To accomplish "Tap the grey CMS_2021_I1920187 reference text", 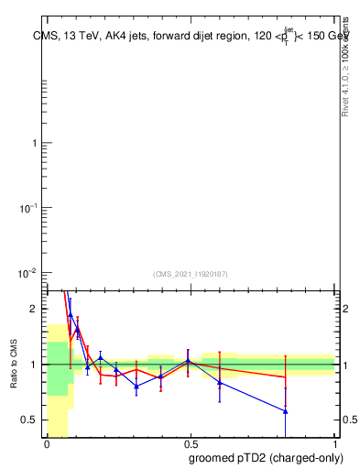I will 190,273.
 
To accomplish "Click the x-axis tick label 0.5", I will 191,442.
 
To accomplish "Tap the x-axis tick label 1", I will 335,442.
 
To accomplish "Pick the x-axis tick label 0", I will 47,442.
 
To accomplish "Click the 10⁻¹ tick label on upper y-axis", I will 27,209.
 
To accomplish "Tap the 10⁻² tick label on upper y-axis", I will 27,273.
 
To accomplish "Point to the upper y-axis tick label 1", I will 33,144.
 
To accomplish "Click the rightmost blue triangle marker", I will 286,411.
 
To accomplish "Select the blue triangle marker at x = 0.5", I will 188,361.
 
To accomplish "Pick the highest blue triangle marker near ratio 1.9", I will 71,315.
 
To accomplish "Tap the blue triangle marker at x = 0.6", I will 220,382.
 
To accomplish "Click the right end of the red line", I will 286,377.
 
